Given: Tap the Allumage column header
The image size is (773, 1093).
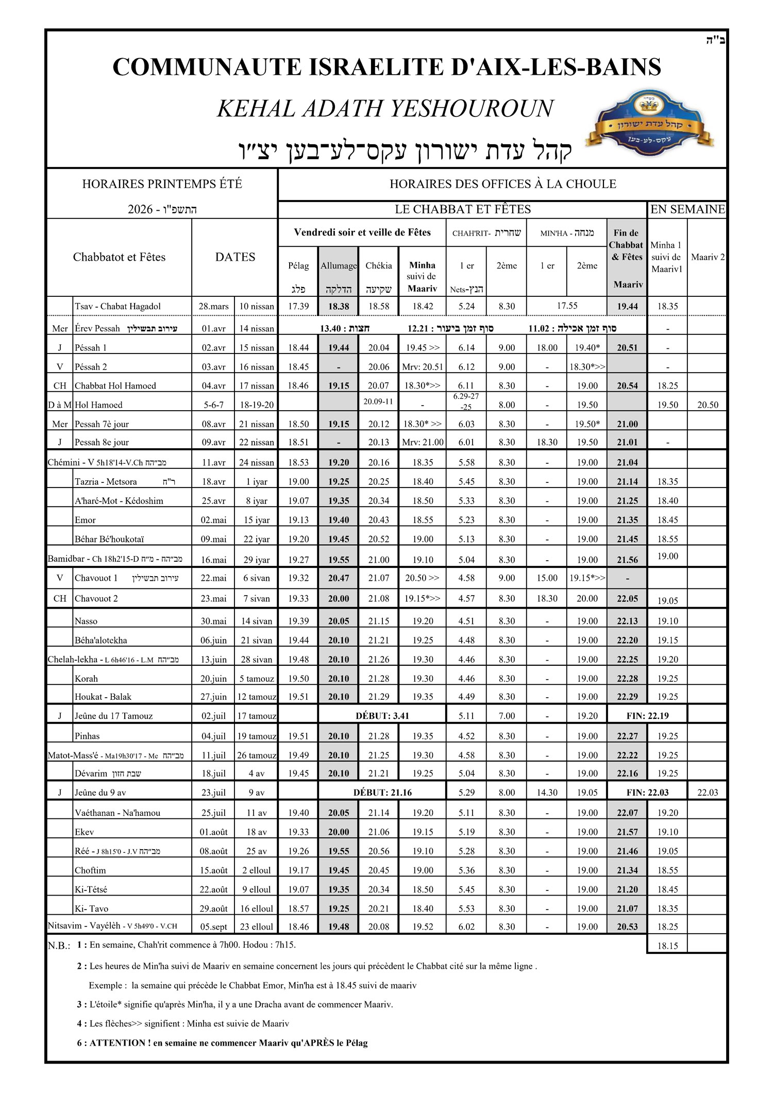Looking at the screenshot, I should pyautogui.click(x=339, y=266).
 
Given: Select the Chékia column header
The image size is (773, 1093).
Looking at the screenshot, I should pyautogui.click(x=379, y=266).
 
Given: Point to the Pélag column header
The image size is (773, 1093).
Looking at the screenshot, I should pyautogui.click(x=298, y=266).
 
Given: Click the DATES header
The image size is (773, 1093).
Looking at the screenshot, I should pyautogui.click(x=235, y=257).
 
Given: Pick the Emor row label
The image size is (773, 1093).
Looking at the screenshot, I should pyautogui.click(x=86, y=520).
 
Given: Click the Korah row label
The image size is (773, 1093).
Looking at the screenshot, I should pyautogui.click(x=86, y=679).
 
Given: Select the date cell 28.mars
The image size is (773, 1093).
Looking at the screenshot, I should pyautogui.click(x=213, y=306).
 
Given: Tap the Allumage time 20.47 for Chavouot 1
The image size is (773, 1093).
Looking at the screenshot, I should pyautogui.click(x=339, y=578).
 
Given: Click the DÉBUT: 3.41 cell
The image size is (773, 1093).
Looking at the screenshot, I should pyautogui.click(x=382, y=716).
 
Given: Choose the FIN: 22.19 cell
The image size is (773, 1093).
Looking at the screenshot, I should pyautogui.click(x=647, y=716).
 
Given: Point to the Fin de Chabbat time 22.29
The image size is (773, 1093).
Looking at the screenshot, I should pyautogui.click(x=627, y=697).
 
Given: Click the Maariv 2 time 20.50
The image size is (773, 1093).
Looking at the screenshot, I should pyautogui.click(x=708, y=405).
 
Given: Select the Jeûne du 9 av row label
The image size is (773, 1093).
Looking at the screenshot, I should pyautogui.click(x=100, y=793).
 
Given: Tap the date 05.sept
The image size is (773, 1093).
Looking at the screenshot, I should pyautogui.click(x=213, y=927).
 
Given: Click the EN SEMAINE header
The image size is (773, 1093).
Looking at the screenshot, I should pyautogui.click(x=687, y=209).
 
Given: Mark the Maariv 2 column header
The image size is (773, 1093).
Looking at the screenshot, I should pyautogui.click(x=708, y=257).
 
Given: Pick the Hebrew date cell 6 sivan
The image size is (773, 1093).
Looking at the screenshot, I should pyautogui.click(x=256, y=578).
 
